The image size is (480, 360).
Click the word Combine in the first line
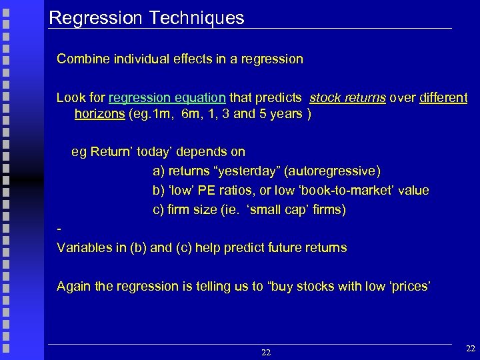(x=79, y=59)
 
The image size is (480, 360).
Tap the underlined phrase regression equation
(x=167, y=98)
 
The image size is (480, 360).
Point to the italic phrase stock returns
(x=347, y=98)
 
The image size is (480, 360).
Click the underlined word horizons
(x=99, y=113)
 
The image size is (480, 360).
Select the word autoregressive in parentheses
(x=332, y=171)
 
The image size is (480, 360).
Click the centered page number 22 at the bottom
(x=266, y=352)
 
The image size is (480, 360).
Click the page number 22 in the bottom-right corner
(x=470, y=348)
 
